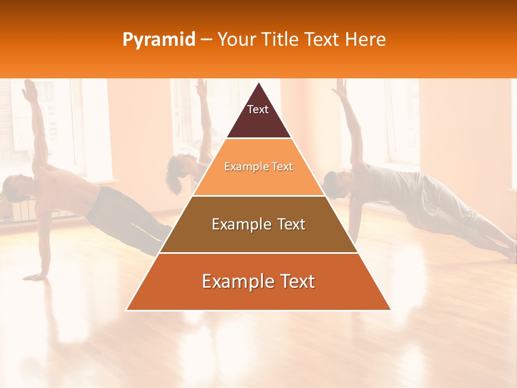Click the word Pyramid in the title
[x=158, y=40]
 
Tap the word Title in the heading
[x=282, y=40]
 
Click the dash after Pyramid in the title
[x=207, y=40]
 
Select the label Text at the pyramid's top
[x=257, y=109]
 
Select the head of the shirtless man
[x=13, y=189]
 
